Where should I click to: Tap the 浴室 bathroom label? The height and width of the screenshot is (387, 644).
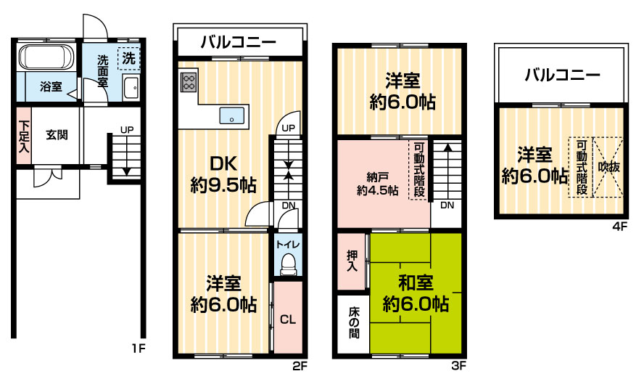pyautogui.click(x=51, y=87)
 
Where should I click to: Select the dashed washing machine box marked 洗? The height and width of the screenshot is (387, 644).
pyautogui.click(x=129, y=58)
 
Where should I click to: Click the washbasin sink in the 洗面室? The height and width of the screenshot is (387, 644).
pyautogui.click(x=131, y=88)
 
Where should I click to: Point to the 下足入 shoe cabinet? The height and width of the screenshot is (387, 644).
pyautogui.click(x=24, y=136)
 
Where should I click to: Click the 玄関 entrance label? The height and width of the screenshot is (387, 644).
pyautogui.click(x=57, y=134)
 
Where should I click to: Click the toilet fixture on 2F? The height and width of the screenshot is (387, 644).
pyautogui.click(x=288, y=264)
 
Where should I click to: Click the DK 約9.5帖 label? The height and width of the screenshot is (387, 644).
pyautogui.click(x=223, y=174)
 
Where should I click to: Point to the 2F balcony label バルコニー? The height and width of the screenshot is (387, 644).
pyautogui.click(x=239, y=42)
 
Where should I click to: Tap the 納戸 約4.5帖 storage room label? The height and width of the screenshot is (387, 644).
pyautogui.click(x=377, y=184)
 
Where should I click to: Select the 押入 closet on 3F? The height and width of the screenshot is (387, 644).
pyautogui.click(x=352, y=261)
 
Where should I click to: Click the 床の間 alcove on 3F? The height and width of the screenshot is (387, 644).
pyautogui.click(x=353, y=323)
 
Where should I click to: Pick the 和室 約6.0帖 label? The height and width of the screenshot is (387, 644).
pyautogui.click(x=416, y=293)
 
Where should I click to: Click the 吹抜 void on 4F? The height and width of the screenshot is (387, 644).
pyautogui.click(x=608, y=168)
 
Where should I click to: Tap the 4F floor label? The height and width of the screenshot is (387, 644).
pyautogui.click(x=620, y=227)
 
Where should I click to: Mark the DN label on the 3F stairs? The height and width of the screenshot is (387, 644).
pyautogui.click(x=447, y=205)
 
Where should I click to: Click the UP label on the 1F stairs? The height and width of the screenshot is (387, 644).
pyautogui.click(x=127, y=129)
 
